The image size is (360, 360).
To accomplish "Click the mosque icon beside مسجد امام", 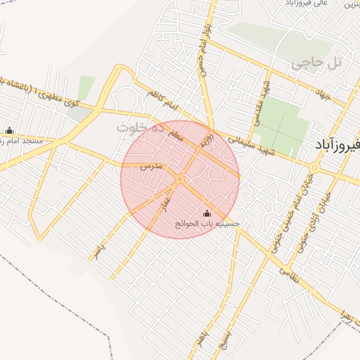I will click(x=9, y=130).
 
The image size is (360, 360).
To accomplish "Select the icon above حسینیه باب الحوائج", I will click(x=207, y=213).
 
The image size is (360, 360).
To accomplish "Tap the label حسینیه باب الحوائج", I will click(x=207, y=224).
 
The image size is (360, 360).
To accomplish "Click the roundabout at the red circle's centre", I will click(x=180, y=179).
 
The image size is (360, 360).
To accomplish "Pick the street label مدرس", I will click(x=151, y=167).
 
